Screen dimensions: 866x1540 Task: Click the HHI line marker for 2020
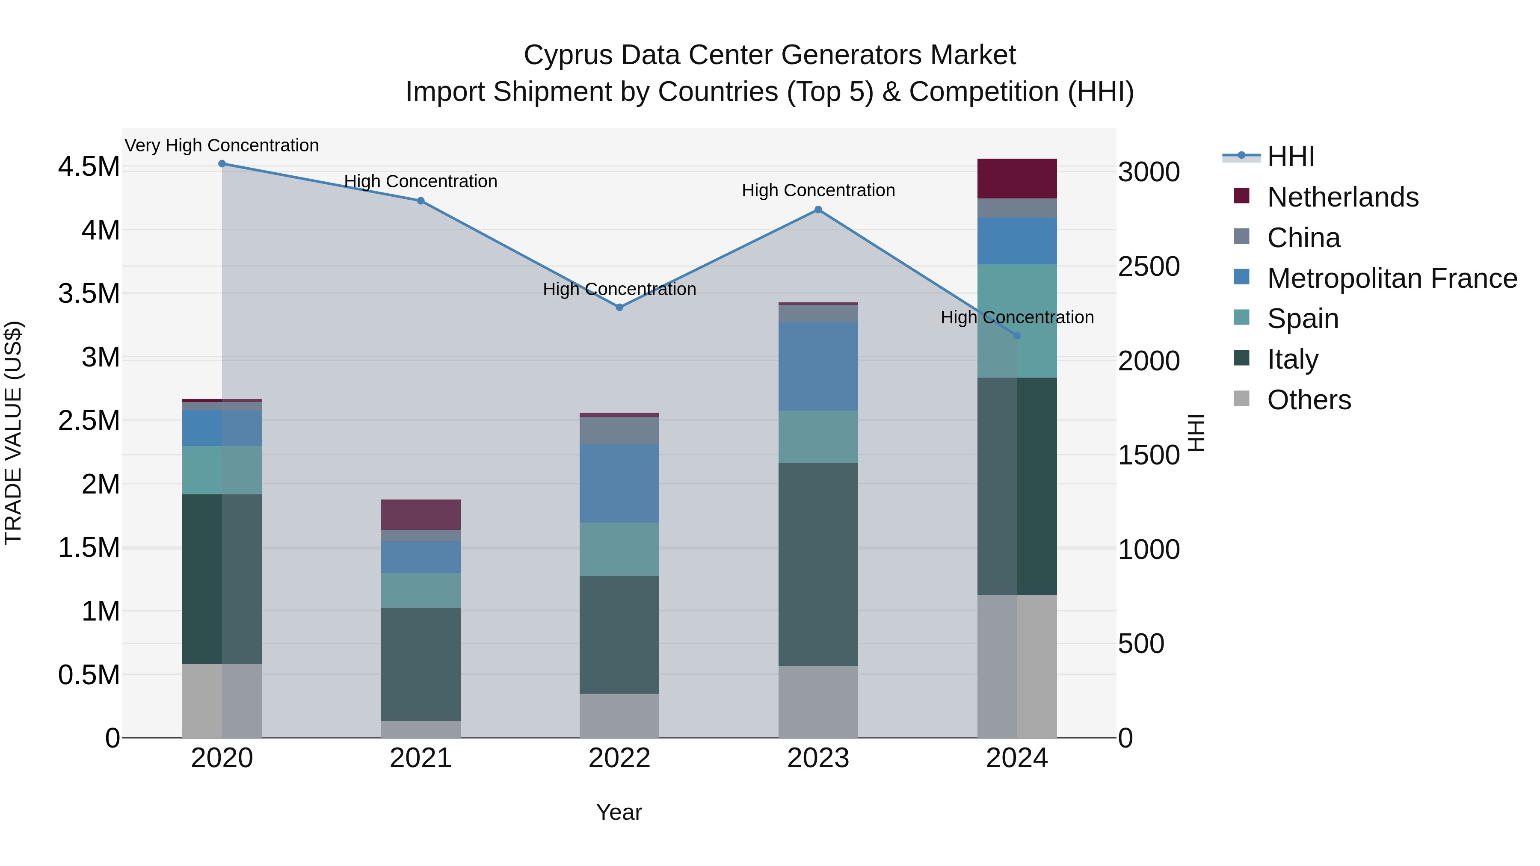coord(222,164)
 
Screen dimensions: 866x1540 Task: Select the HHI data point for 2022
coord(619,307)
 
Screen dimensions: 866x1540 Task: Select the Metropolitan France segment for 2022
coord(619,484)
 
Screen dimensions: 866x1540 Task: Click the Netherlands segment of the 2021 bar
coord(421,514)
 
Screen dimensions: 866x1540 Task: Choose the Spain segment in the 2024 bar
coord(1017,321)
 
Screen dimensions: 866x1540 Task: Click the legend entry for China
coord(1303,238)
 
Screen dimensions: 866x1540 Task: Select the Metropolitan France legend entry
coord(1392,278)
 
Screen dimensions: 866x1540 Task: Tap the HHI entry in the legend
coord(1290,157)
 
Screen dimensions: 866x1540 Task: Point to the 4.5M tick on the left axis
coord(89,167)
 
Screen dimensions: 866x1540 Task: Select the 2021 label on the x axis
coord(421,758)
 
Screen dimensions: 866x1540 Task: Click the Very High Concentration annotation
coord(222,146)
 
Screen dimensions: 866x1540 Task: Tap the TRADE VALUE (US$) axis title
coord(13,433)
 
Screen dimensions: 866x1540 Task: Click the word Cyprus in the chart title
coord(568,56)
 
